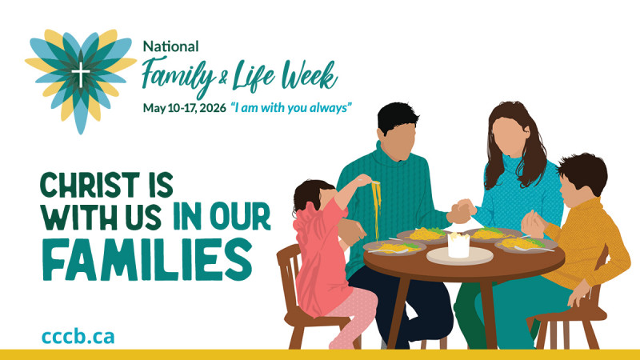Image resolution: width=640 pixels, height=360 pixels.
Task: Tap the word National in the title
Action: (x=171, y=46)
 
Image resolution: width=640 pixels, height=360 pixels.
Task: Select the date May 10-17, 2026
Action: (x=183, y=107)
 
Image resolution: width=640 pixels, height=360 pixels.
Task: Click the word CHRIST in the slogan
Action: (x=88, y=186)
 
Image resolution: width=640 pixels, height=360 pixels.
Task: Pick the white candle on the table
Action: (x=458, y=243)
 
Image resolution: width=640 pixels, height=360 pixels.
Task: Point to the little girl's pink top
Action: (x=320, y=248)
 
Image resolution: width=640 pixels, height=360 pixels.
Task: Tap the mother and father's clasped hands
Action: (x=462, y=212)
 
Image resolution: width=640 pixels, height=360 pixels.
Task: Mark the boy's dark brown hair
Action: (x=584, y=172)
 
